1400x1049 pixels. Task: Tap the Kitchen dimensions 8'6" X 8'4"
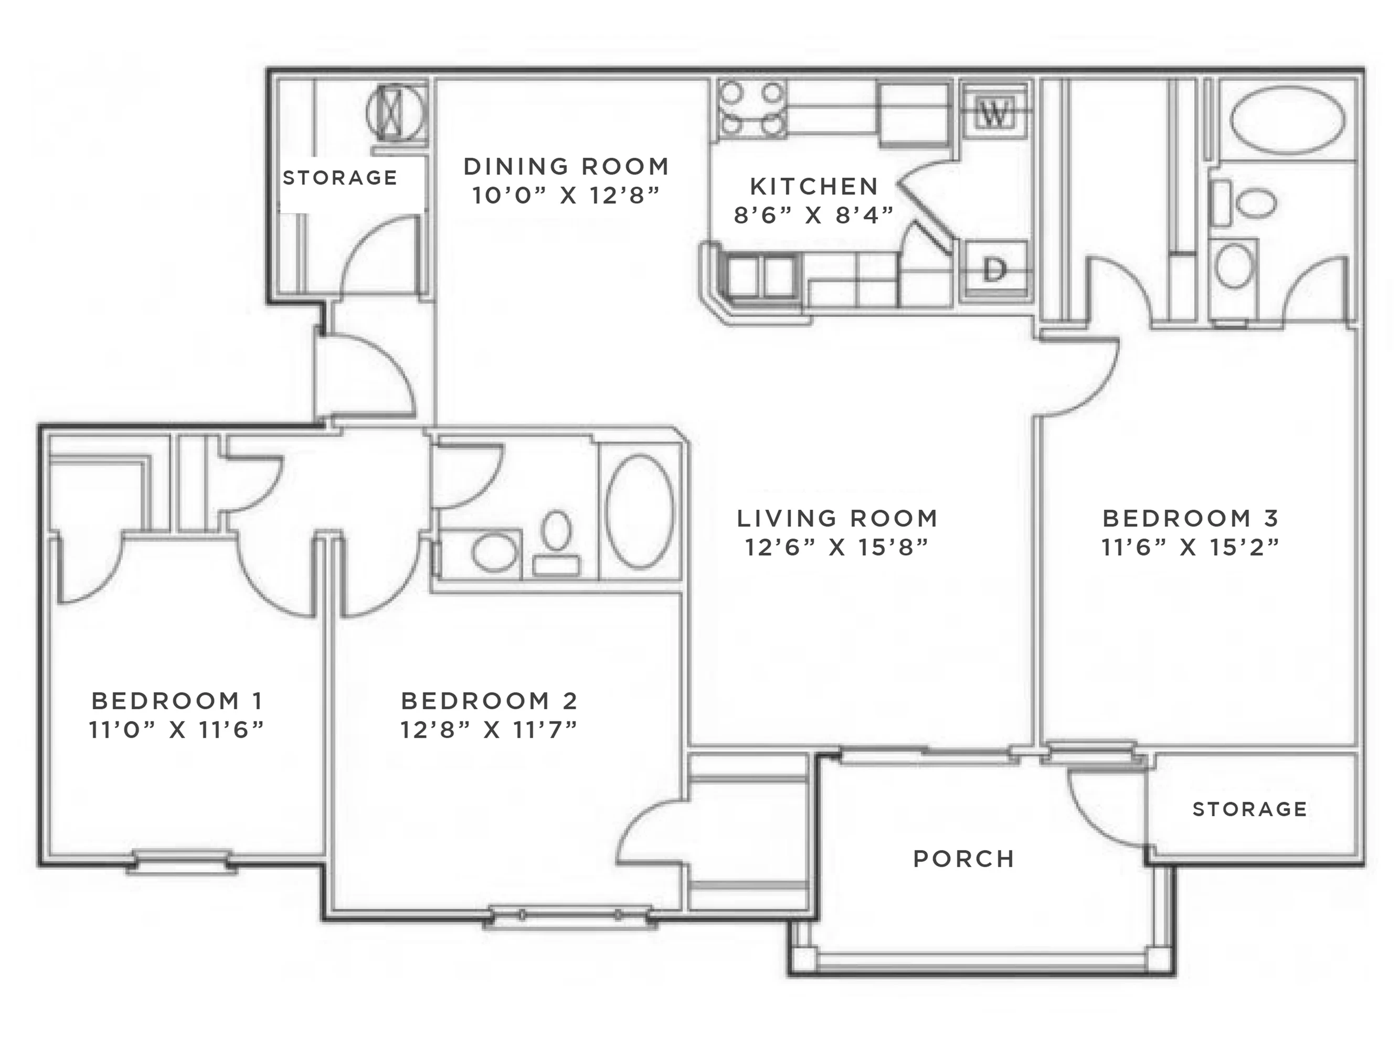(x=813, y=215)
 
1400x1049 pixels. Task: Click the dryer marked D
(x=994, y=271)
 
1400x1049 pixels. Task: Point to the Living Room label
(x=837, y=519)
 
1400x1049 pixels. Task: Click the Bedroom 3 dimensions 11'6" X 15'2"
(x=1191, y=547)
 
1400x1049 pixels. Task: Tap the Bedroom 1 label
(x=177, y=701)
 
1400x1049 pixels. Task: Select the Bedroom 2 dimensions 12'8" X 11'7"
(x=489, y=730)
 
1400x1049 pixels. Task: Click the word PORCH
(x=964, y=859)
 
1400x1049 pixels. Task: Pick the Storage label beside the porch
(x=1250, y=809)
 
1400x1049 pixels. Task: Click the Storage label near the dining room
(x=340, y=178)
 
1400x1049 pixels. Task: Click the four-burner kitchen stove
(x=752, y=110)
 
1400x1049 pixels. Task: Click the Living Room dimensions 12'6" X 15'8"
(x=837, y=547)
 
